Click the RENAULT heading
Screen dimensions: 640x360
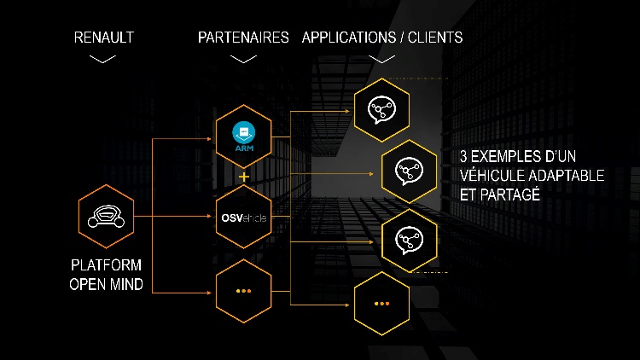point(103,38)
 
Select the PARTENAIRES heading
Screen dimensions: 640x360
point(243,38)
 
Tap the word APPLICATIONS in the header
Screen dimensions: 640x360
point(349,38)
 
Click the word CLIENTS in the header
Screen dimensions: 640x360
point(435,38)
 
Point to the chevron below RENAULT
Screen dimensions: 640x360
point(102,60)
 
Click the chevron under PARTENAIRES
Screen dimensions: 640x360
point(243,60)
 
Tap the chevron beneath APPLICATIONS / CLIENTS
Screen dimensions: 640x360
point(381,60)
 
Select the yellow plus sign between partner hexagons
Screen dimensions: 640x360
point(244,177)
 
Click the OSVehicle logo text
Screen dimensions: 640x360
point(244,218)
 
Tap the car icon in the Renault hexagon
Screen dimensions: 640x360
point(106,217)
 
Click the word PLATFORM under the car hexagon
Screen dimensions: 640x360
point(106,265)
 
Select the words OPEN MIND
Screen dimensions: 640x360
point(106,284)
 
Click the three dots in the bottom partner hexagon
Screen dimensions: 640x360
point(244,291)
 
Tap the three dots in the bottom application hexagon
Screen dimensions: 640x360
point(381,304)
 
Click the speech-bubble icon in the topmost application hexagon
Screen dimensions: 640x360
point(381,110)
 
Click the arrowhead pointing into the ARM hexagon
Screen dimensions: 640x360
point(209,139)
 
